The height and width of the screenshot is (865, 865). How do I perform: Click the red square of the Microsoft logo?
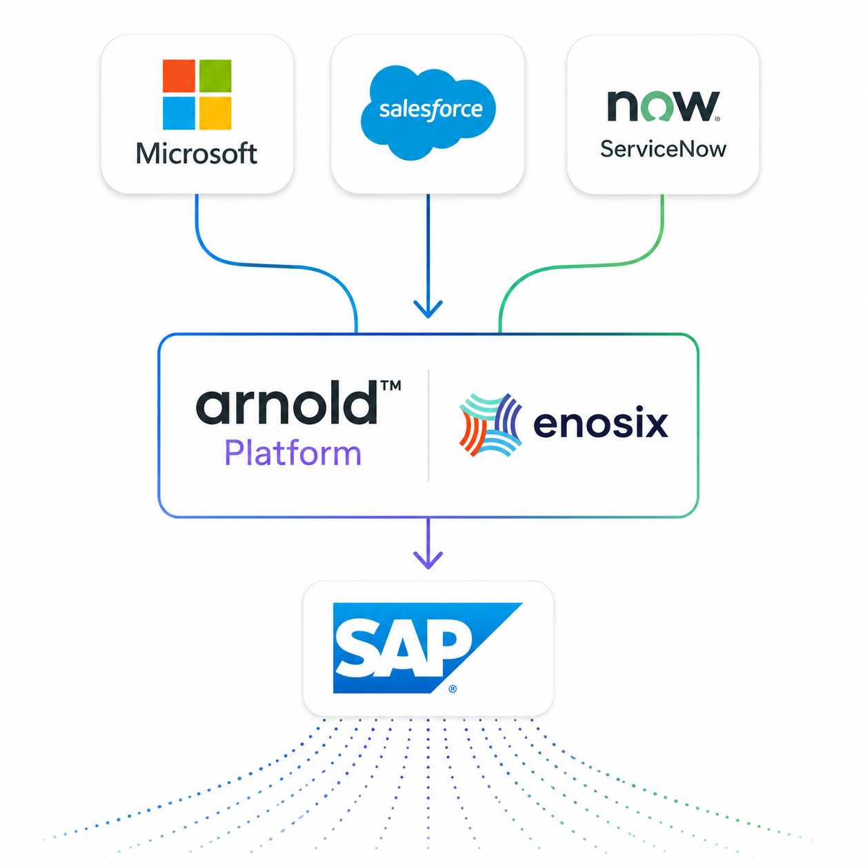179,76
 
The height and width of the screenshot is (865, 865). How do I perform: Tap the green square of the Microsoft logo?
215,76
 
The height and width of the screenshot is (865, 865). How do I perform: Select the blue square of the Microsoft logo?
179,112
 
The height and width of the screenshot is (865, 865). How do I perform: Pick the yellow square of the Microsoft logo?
215,112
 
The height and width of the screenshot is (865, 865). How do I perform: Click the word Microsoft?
197,154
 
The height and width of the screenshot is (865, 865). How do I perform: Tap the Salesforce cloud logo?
428,112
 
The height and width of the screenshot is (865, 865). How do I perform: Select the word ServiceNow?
663,149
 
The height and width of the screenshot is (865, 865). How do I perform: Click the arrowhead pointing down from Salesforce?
428,309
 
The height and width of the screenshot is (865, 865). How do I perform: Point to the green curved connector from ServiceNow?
584,265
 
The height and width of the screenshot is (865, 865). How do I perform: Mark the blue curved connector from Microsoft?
274,266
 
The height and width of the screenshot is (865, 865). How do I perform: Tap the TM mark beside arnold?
390,386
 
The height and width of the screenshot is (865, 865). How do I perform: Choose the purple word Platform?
292,453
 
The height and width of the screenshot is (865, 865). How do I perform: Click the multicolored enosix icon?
490,425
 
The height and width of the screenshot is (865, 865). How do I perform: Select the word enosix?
601,424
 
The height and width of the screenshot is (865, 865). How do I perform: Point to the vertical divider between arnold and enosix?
428,426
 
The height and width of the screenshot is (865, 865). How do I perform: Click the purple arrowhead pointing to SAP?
428,559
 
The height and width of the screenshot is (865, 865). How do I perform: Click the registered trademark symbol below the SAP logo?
453,688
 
